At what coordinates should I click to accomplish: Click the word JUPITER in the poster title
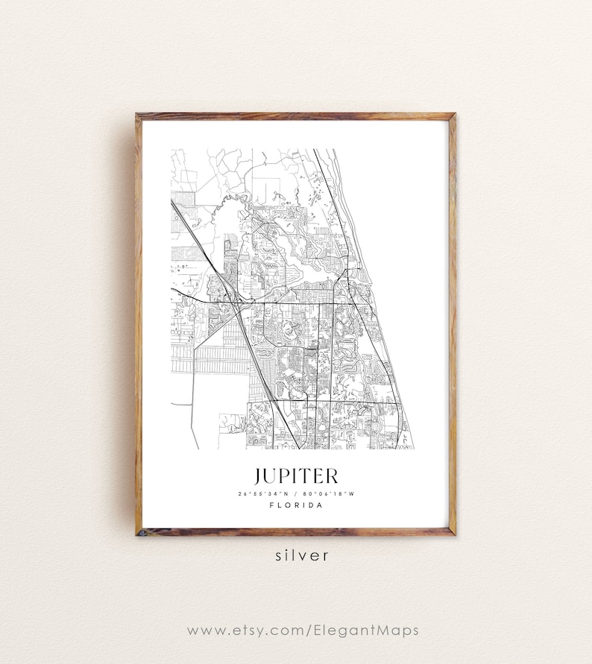(295, 476)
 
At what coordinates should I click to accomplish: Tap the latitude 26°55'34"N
(265, 493)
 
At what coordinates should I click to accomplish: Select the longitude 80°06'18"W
(327, 493)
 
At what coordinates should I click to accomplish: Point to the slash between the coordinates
(296, 493)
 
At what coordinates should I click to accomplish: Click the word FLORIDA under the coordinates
(296, 505)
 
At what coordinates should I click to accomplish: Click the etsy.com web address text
(303, 630)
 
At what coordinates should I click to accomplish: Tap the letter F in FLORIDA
(271, 505)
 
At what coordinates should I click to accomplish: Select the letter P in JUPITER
(286, 476)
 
